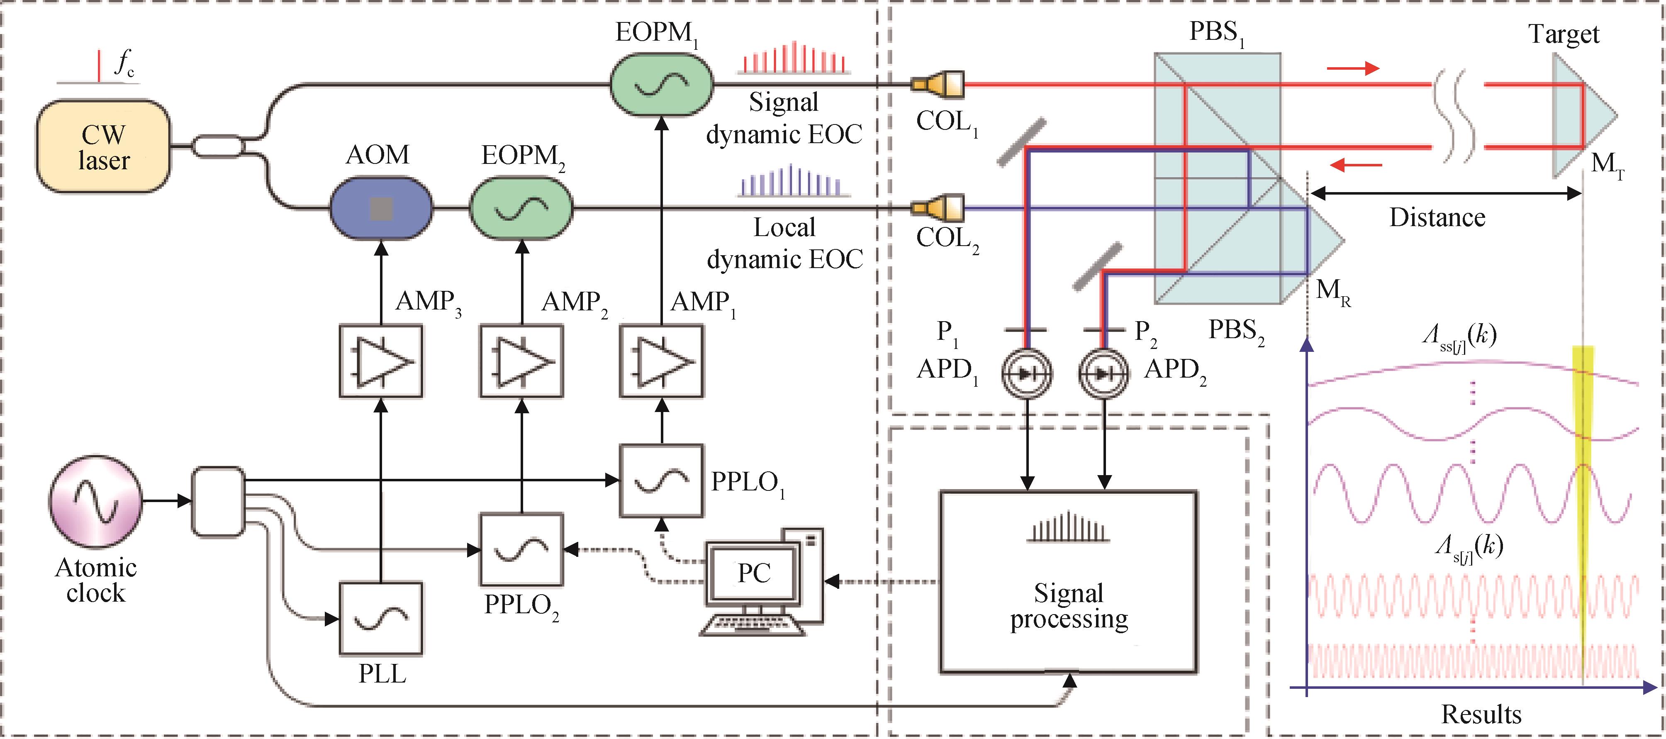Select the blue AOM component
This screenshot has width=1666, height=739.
[x=380, y=208]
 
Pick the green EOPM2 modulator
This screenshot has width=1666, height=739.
[x=521, y=208]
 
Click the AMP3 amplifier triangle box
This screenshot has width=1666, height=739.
[x=381, y=361]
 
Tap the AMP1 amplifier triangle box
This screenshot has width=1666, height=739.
[x=661, y=361]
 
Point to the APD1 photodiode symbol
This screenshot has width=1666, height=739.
[x=1026, y=373]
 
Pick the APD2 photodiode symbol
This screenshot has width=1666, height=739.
[x=1104, y=373]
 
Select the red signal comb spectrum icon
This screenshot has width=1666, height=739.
[x=794, y=58]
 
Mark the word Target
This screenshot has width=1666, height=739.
[x=1563, y=34]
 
